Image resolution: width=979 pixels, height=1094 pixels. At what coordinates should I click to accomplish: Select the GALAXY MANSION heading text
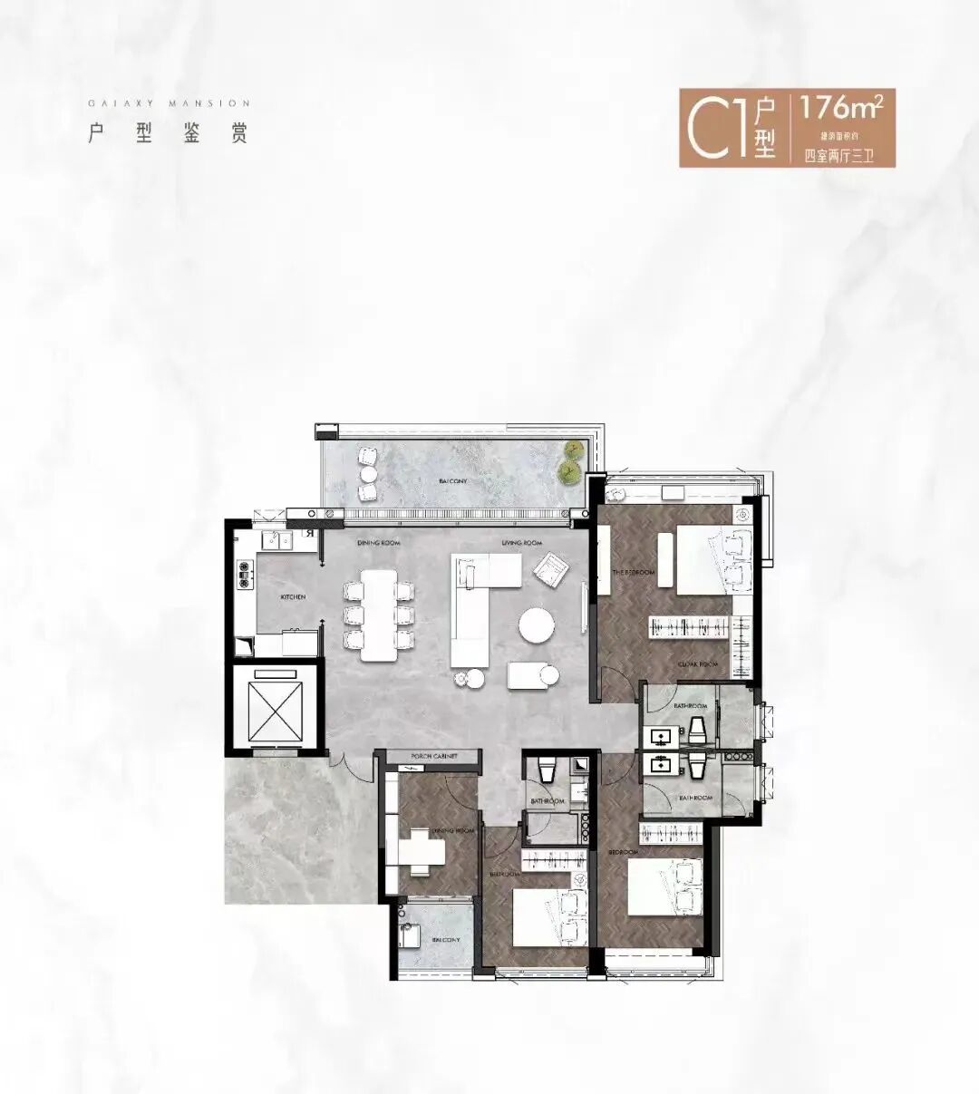(169, 103)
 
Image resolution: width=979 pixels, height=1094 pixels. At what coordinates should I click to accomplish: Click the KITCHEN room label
(292, 597)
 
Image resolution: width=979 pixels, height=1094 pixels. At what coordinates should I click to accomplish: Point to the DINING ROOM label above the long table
(379, 543)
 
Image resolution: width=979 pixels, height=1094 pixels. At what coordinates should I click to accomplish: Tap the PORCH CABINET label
(432, 756)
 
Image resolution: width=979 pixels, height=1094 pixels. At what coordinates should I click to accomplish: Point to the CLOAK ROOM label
(698, 664)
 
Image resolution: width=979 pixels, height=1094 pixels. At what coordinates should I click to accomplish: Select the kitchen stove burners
(243, 574)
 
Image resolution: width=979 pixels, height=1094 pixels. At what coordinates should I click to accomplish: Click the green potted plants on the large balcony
(570, 460)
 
